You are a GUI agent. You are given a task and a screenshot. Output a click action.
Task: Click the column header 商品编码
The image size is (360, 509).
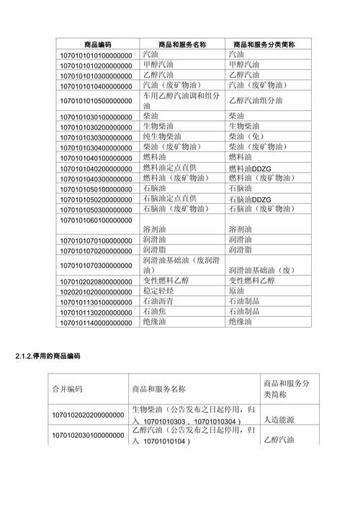click(98, 45)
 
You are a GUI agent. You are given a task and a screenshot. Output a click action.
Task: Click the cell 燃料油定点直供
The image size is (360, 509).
click(171, 168)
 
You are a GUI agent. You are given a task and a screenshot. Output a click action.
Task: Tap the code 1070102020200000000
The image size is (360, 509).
click(87, 415)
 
